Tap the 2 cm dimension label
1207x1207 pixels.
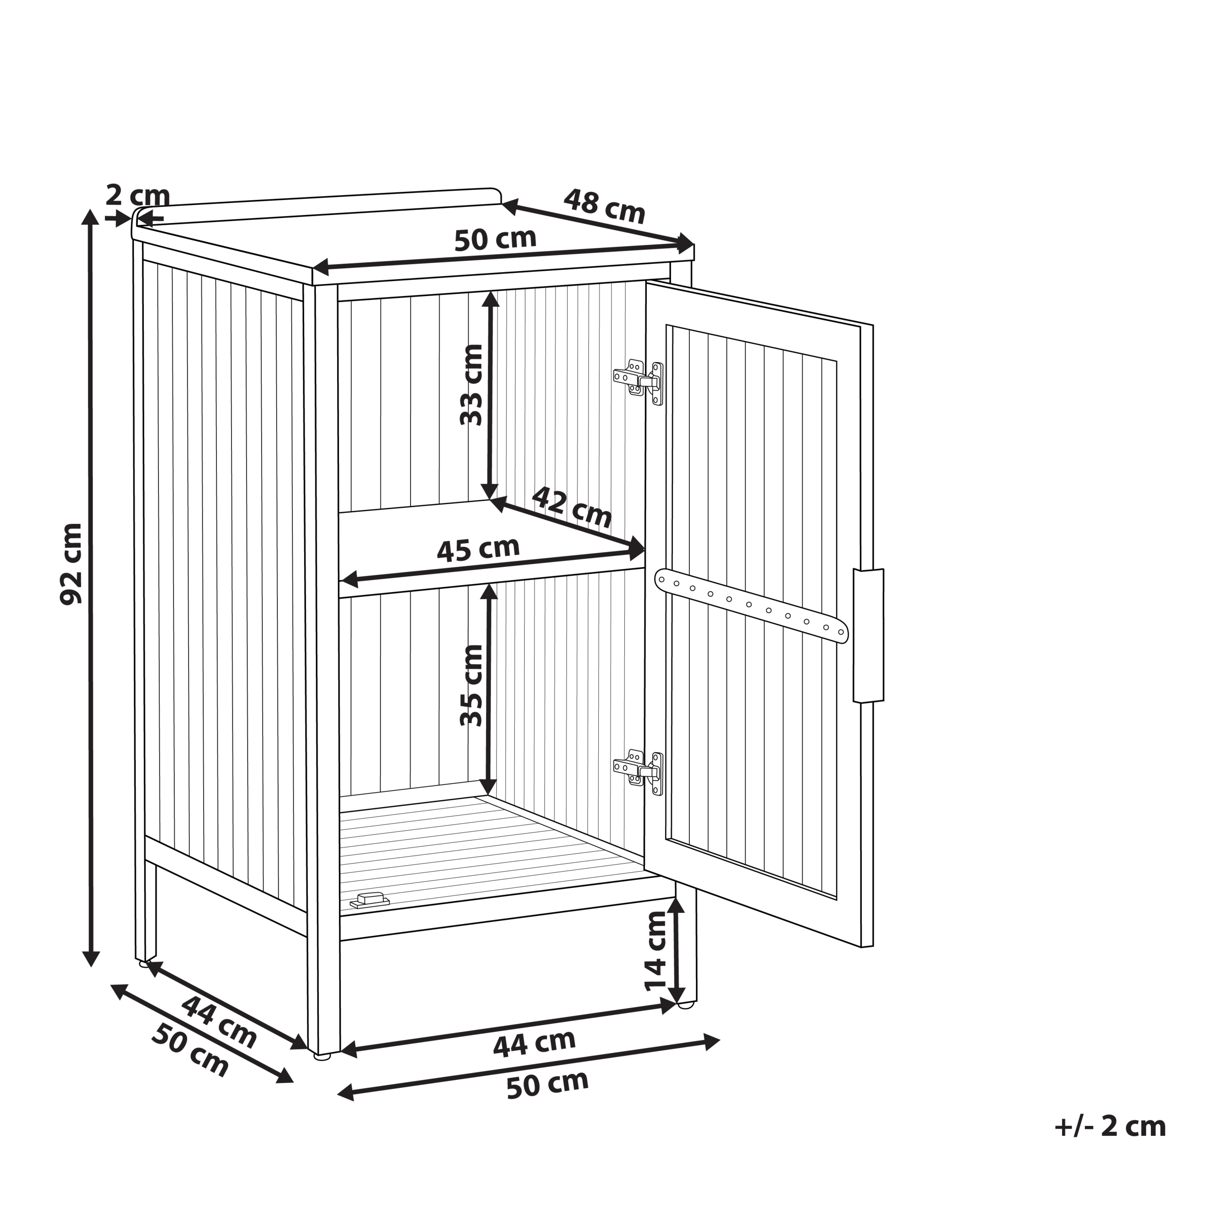click(138, 196)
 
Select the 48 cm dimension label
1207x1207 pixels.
click(604, 206)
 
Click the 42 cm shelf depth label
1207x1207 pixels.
click(571, 507)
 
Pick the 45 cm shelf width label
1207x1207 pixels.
click(478, 549)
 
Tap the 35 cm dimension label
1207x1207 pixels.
click(471, 686)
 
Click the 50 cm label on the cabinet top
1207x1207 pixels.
click(495, 239)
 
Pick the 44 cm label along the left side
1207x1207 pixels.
click(219, 1022)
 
